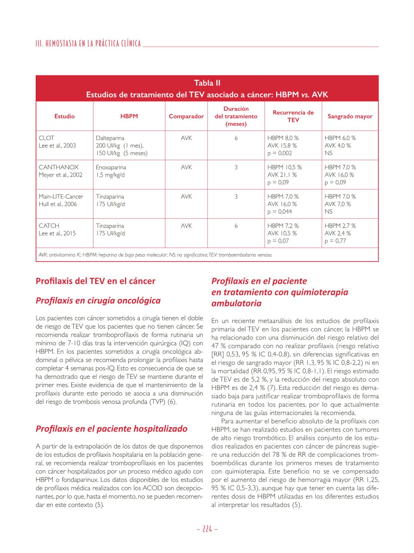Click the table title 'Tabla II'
(x=207, y=83)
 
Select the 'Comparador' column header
(x=186, y=116)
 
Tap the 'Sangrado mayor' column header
(x=350, y=116)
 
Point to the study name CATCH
(x=49, y=226)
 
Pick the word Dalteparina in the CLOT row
(x=110, y=138)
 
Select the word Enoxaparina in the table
(x=111, y=167)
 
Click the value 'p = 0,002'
(x=280, y=153)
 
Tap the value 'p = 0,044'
(x=280, y=212)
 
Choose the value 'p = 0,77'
(x=335, y=241)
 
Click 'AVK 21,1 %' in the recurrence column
(x=282, y=175)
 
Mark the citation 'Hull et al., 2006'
(x=58, y=204)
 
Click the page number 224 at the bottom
(x=207, y=529)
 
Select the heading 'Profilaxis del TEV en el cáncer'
(x=96, y=281)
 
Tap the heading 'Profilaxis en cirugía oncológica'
(x=98, y=300)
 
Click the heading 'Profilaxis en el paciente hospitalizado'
(x=111, y=429)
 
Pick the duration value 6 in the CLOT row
(x=236, y=138)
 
